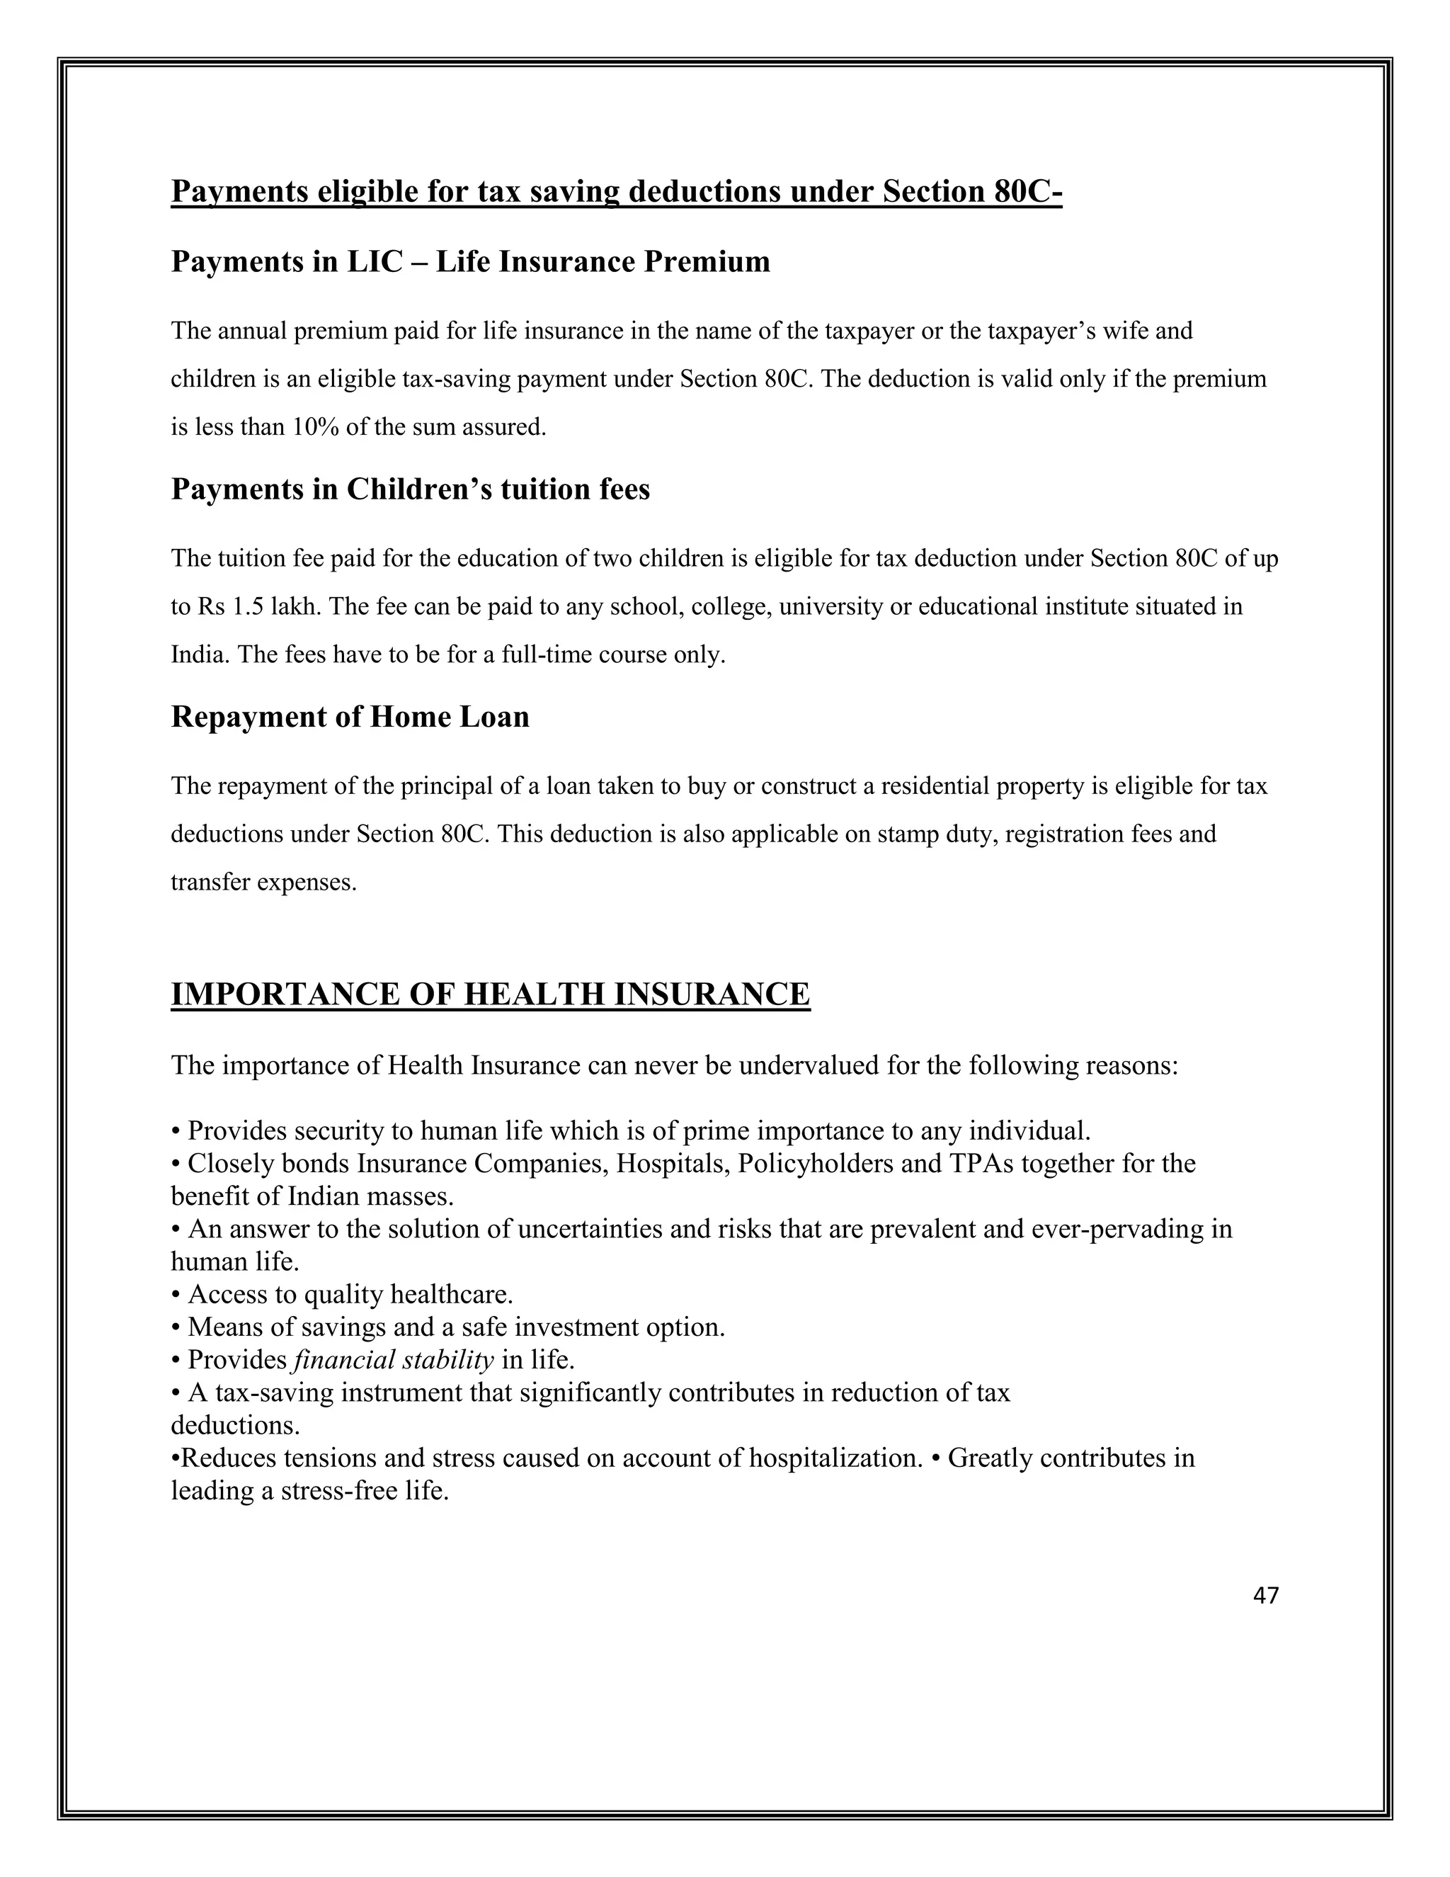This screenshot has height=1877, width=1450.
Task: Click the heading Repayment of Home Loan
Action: pos(350,717)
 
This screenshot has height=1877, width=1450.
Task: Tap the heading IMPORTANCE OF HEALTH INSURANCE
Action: pos(490,994)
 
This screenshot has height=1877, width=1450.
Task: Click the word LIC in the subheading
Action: pos(374,261)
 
